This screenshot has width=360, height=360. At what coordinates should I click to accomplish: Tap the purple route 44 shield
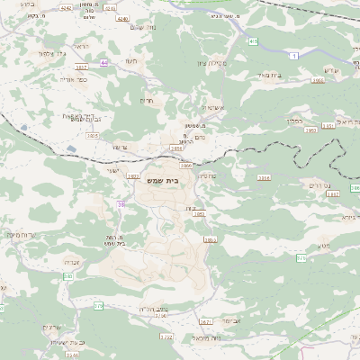104,63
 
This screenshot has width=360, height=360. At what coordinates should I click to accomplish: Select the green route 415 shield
254,41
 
